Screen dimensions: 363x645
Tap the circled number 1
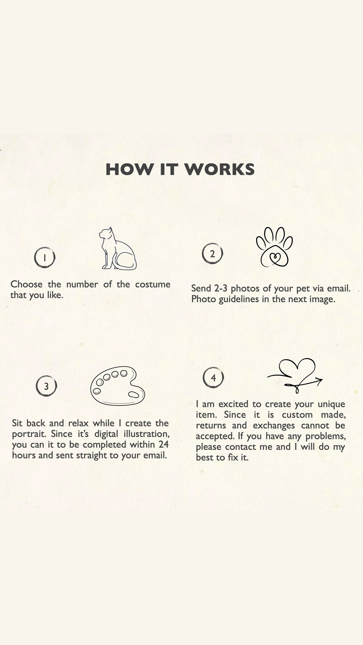click(45, 257)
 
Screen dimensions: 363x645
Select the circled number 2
click(212, 254)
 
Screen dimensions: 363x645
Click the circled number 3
click(46, 386)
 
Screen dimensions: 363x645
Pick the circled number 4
click(213, 378)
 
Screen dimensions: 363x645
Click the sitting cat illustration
click(118, 249)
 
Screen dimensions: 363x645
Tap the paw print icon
click(274, 247)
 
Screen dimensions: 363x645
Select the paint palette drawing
click(117, 386)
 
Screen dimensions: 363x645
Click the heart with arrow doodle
click(295, 376)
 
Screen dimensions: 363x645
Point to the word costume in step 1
click(153, 284)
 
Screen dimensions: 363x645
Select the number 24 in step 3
click(163, 444)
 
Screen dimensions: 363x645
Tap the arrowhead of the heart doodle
click(318, 380)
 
